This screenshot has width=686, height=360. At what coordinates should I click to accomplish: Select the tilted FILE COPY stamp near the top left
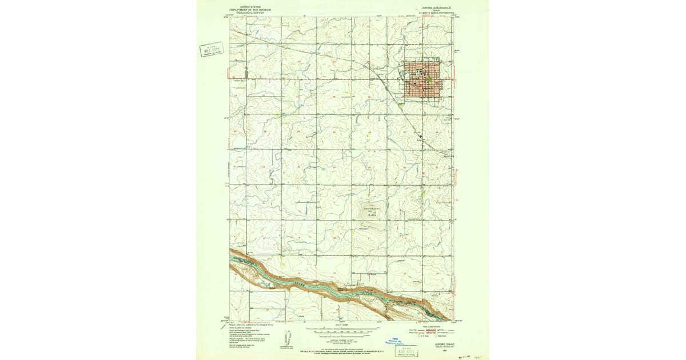pos(212,50)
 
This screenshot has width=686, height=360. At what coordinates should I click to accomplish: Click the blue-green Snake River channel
pos(343,291)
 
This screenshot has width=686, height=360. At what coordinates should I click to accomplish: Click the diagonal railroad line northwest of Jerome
pos(320,55)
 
